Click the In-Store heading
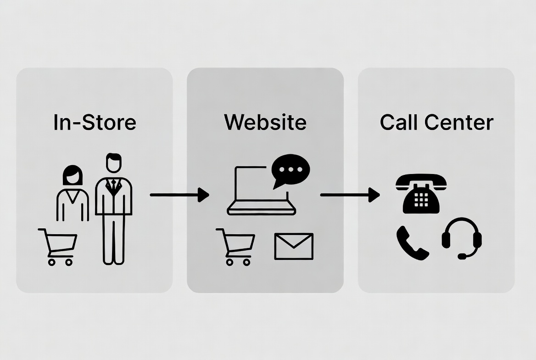click(x=95, y=123)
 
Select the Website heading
click(x=265, y=122)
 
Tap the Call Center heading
click(x=436, y=122)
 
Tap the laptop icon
click(x=261, y=191)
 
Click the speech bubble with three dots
click(x=290, y=170)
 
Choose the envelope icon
click(x=294, y=246)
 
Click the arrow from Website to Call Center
click(x=350, y=195)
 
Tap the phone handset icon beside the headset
click(x=412, y=242)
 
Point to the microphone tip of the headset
click(x=462, y=256)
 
